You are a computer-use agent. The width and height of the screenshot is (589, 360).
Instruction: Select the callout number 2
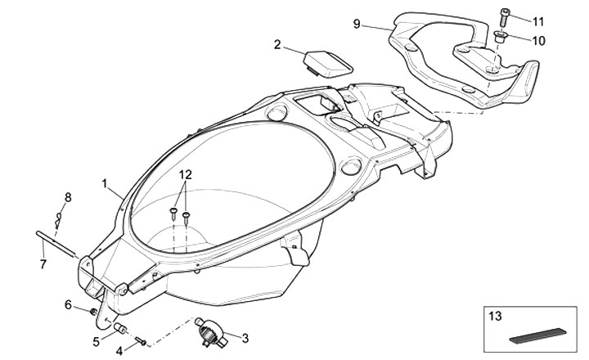pyautogui.click(x=277, y=44)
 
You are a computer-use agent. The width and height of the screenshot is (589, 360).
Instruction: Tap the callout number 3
pyautogui.click(x=245, y=336)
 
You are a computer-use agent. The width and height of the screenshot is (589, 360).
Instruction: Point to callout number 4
pyautogui.click(x=119, y=351)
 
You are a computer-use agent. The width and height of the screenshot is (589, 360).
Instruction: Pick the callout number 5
pyautogui.click(x=97, y=341)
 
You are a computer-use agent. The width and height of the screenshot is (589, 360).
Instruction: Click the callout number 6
pyautogui.click(x=70, y=304)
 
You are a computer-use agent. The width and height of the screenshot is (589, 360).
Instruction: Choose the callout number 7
pyautogui.click(x=43, y=263)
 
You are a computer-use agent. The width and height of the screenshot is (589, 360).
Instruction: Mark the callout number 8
pyautogui.click(x=68, y=196)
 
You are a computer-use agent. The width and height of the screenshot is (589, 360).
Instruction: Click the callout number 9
pyautogui.click(x=357, y=24)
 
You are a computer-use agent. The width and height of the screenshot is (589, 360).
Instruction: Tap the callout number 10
pyautogui.click(x=538, y=39)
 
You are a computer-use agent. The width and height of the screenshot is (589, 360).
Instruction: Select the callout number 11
pyautogui.click(x=538, y=20)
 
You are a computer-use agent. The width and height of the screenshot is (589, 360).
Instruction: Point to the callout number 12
pyautogui.click(x=186, y=174)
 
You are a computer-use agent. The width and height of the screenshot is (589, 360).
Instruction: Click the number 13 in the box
pyautogui.click(x=496, y=315)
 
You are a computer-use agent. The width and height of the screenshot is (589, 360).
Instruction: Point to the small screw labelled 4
pyautogui.click(x=140, y=340)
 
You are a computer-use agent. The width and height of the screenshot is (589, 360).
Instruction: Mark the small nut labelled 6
pyautogui.click(x=92, y=312)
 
